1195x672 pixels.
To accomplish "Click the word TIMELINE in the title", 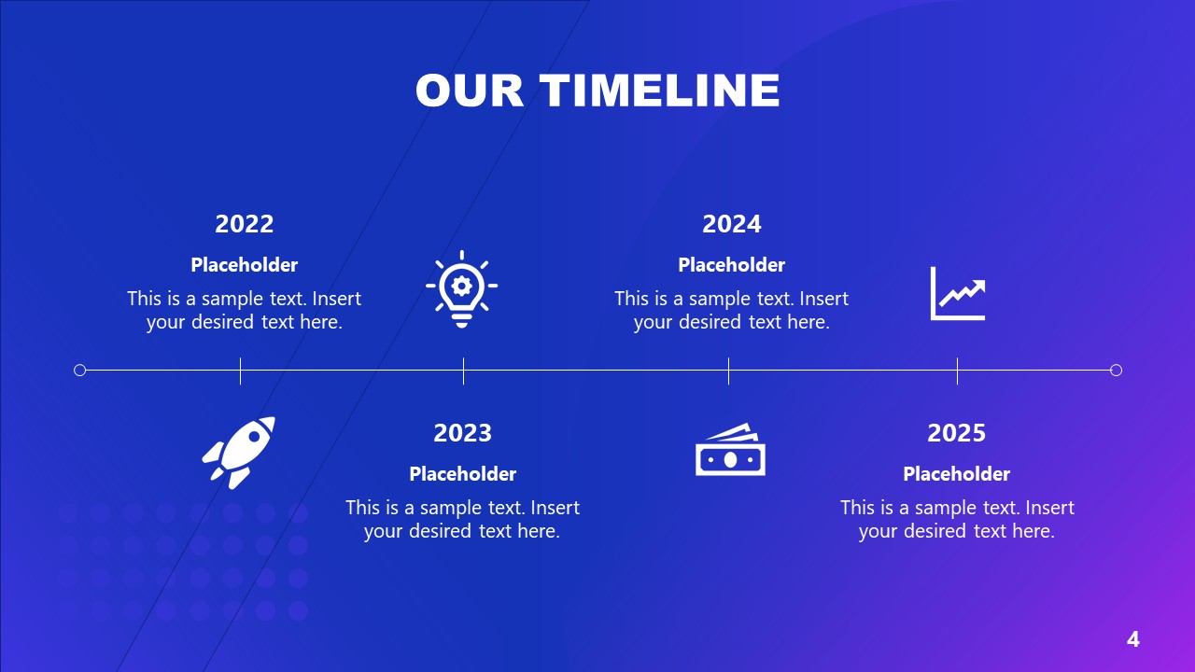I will click(x=659, y=91).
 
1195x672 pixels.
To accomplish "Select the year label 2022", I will click(x=245, y=224).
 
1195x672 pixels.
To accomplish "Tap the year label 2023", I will click(x=462, y=433).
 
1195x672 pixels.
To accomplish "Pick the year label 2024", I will click(x=732, y=224).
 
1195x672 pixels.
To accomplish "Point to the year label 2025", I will click(x=957, y=433).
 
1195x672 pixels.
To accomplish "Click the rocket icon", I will click(x=240, y=452).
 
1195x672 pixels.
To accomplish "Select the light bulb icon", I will click(x=461, y=288).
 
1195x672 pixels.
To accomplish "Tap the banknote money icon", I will click(x=730, y=451).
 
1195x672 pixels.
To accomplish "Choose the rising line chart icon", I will click(x=958, y=293).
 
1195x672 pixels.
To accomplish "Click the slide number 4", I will click(x=1133, y=639).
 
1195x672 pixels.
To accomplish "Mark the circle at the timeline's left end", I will click(x=79, y=371).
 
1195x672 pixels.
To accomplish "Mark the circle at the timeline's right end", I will click(x=1116, y=371).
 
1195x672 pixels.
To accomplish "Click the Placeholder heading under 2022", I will click(x=245, y=265).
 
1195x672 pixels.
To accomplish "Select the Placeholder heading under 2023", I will click(x=462, y=474).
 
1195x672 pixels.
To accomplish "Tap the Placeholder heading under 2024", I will click(x=732, y=265).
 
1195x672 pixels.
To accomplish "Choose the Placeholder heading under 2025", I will click(x=957, y=474).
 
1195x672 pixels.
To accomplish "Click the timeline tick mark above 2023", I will click(x=463, y=371).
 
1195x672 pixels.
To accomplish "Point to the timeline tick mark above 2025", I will click(x=957, y=371).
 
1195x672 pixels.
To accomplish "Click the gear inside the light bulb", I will click(x=461, y=282).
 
